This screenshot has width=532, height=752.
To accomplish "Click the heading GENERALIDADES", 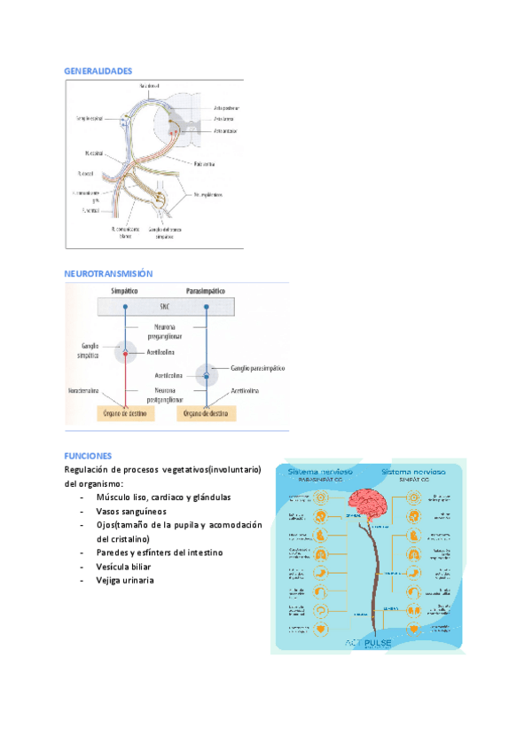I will pyautogui.click(x=98, y=70).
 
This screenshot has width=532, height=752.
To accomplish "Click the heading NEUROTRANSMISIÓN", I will pyautogui.click(x=109, y=274).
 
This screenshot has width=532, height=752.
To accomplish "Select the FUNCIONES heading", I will pyautogui.click(x=89, y=456).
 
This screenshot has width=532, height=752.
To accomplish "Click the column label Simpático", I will pyautogui.click(x=127, y=291).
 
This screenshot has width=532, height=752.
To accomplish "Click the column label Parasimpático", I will pyautogui.click(x=205, y=291).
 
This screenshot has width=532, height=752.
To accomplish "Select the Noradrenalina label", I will pyautogui.click(x=88, y=390).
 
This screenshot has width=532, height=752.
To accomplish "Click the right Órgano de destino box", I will pyautogui.click(x=206, y=413).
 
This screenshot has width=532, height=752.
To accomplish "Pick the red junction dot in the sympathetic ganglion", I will pyautogui.click(x=126, y=354).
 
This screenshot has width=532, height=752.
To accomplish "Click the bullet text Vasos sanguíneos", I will pyautogui.click(x=131, y=512).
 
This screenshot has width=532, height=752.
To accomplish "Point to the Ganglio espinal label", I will pyautogui.click(x=90, y=117).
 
